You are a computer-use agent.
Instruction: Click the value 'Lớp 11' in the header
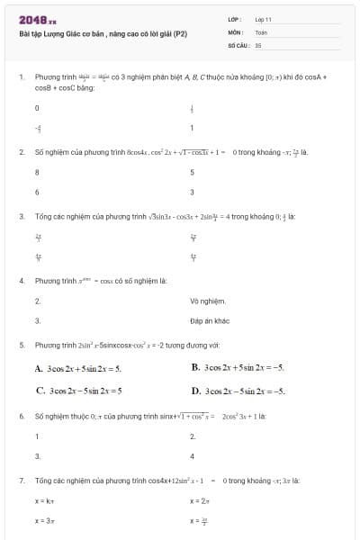click(263, 18)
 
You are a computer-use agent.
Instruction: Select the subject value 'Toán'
click(261, 31)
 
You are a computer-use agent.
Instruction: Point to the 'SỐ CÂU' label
click(238, 43)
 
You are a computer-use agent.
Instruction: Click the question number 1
click(21, 78)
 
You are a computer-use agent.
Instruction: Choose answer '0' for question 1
click(37, 107)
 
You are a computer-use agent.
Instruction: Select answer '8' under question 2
click(37, 171)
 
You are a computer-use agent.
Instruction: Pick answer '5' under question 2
click(192, 171)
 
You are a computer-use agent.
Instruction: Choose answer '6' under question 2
click(37, 192)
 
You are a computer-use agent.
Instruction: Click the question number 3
click(21, 217)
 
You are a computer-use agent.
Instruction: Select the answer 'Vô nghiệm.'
click(208, 300)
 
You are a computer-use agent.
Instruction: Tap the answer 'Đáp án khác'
click(210, 320)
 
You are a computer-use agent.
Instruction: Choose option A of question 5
click(77, 368)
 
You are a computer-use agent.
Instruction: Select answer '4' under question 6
click(192, 456)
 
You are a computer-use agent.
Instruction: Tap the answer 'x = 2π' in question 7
click(200, 499)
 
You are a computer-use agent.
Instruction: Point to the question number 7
click(21, 481)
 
